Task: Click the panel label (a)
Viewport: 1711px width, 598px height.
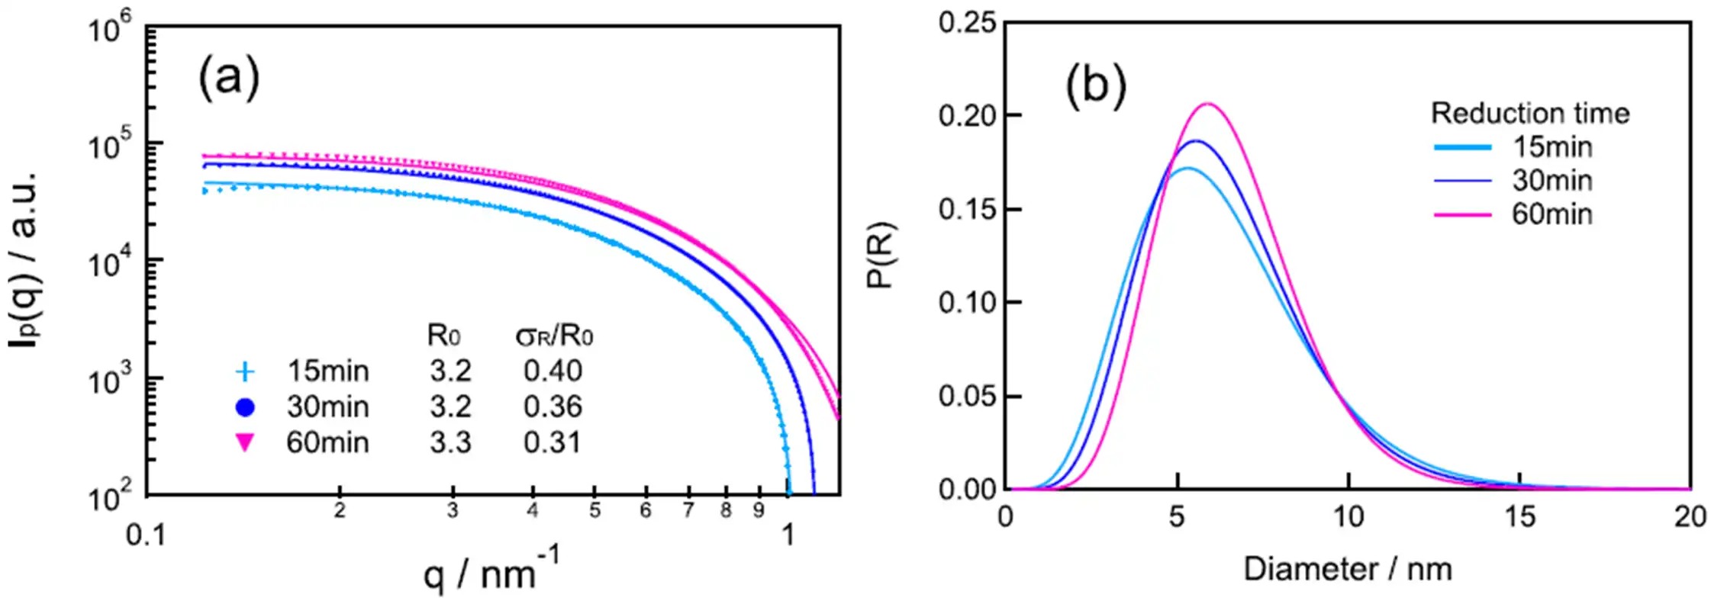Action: pyautogui.click(x=229, y=78)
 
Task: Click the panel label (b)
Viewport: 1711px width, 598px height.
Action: pyautogui.click(x=1095, y=84)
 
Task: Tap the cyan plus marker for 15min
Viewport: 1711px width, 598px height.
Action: pyautogui.click(x=245, y=371)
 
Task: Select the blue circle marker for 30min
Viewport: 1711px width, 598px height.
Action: pyautogui.click(x=245, y=407)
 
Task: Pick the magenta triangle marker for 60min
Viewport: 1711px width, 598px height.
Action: pyautogui.click(x=245, y=442)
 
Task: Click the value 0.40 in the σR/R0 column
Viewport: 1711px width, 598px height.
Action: pyautogui.click(x=553, y=371)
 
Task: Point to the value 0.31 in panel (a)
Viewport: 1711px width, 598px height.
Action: pyautogui.click(x=552, y=442)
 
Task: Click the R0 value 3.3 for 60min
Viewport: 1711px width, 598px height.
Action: pyautogui.click(x=450, y=442)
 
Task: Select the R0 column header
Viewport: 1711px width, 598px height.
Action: pyautogui.click(x=443, y=336)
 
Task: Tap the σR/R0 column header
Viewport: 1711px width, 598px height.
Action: pyautogui.click(x=554, y=336)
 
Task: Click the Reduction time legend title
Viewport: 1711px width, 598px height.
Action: pyautogui.click(x=1530, y=114)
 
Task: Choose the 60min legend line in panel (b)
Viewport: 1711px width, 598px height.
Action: pyautogui.click(x=1462, y=215)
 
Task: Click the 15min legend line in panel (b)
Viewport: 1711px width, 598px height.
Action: pyautogui.click(x=1462, y=146)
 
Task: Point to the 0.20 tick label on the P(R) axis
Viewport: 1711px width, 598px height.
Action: pyautogui.click(x=968, y=116)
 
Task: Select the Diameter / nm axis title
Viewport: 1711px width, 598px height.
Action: pyautogui.click(x=1348, y=569)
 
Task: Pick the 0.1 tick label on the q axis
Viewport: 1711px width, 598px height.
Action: pyautogui.click(x=146, y=535)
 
